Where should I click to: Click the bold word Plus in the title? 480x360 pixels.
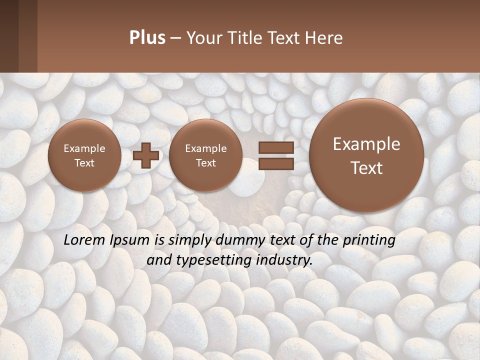click(147, 38)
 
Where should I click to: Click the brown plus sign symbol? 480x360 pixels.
click(146, 155)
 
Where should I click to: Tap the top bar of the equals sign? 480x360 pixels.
click(276, 147)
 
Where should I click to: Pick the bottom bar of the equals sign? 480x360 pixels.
click(276, 163)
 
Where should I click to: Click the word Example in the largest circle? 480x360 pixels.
click(366, 144)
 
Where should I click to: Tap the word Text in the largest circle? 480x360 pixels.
click(366, 168)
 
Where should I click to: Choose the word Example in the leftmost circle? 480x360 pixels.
click(84, 148)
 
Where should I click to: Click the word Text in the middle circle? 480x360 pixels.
click(206, 163)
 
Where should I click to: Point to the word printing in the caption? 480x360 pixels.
click(369, 240)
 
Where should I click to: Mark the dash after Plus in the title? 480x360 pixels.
click(175, 38)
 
